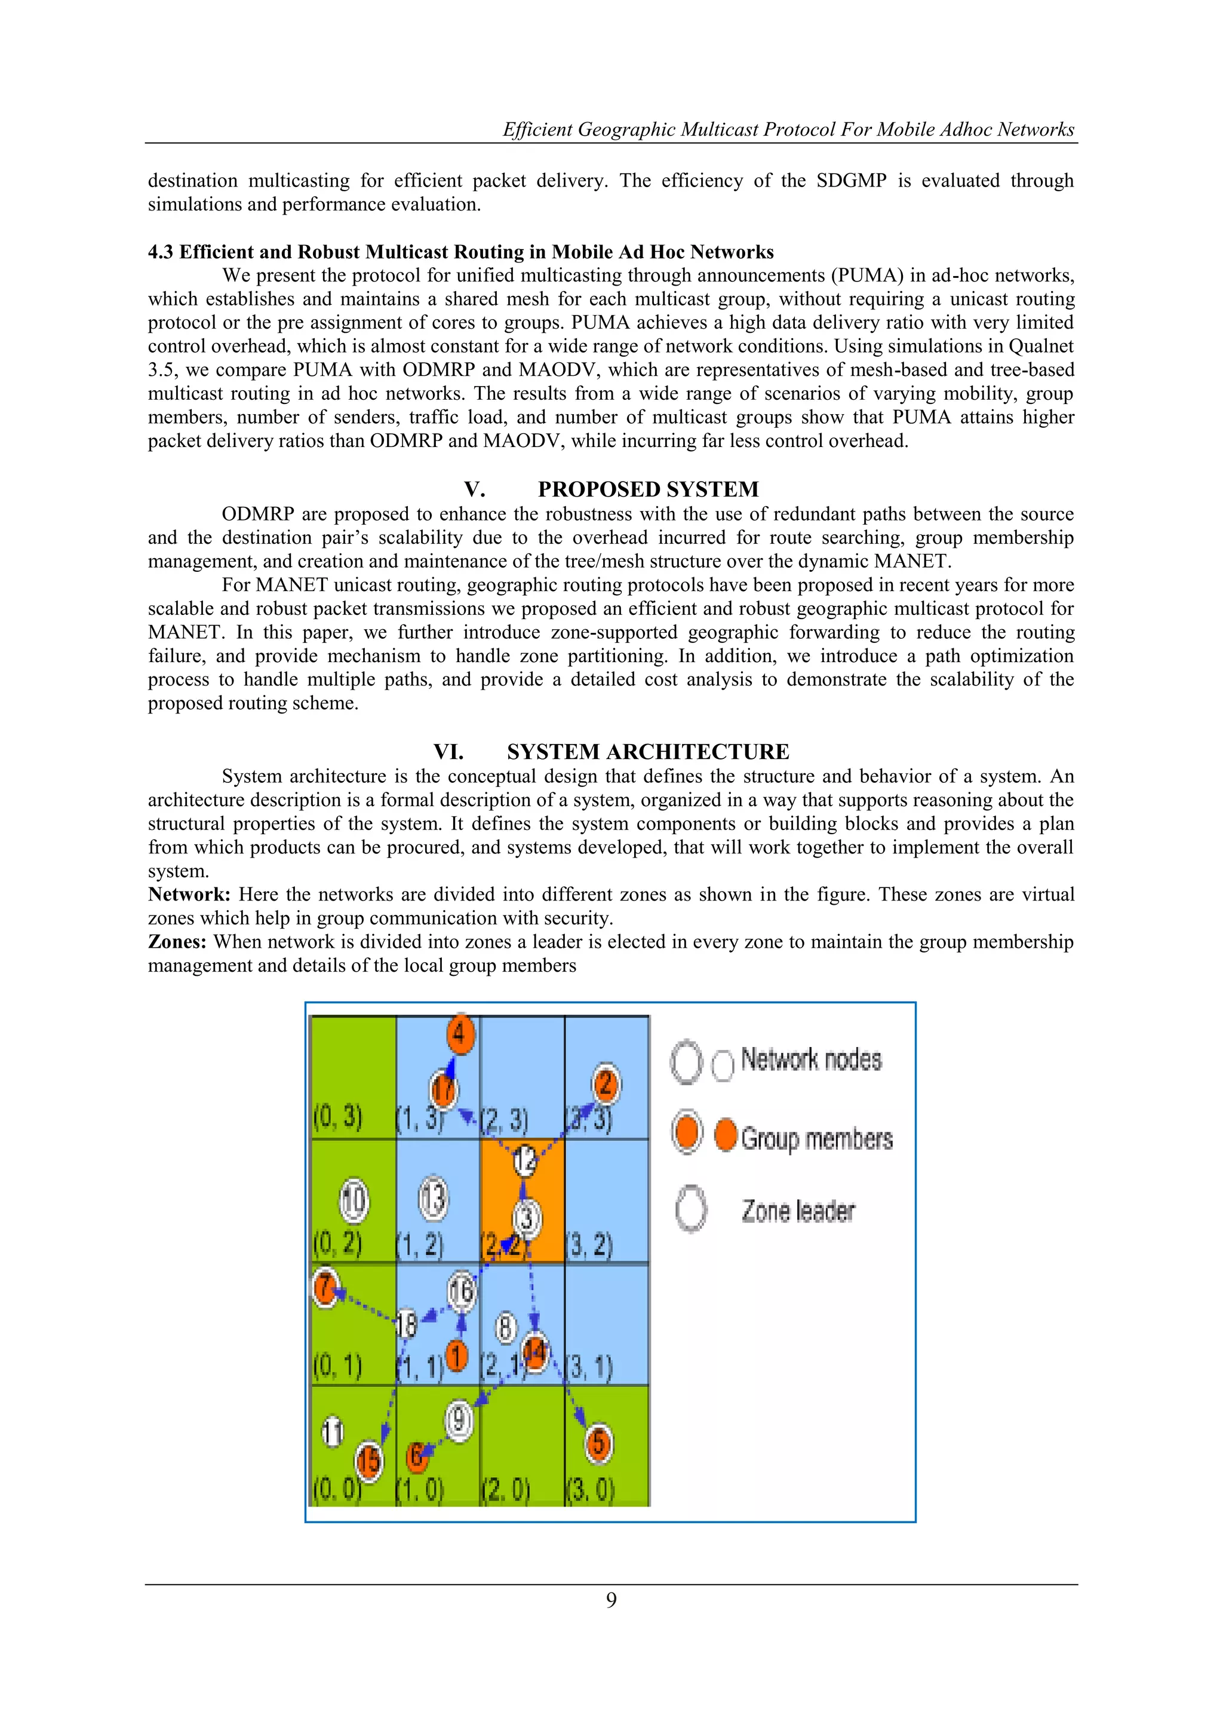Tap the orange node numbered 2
click(x=606, y=1084)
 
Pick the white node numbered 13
click(x=433, y=1198)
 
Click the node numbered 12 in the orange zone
click(x=525, y=1160)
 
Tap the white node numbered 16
click(x=461, y=1291)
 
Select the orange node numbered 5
click(x=598, y=1443)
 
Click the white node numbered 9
click(x=459, y=1420)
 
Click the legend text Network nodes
click(x=810, y=1060)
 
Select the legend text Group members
click(x=816, y=1138)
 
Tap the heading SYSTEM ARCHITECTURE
click(x=648, y=751)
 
